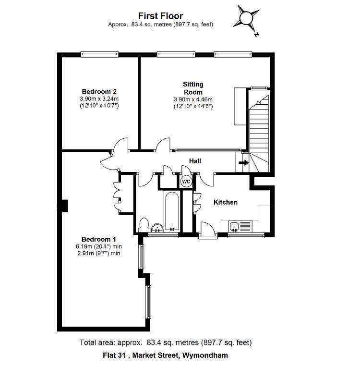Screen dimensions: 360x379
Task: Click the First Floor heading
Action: click(160, 16)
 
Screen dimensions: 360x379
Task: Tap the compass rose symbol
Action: click(246, 18)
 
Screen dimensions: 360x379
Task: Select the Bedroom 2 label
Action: click(99, 92)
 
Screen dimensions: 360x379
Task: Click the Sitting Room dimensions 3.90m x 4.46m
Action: click(193, 99)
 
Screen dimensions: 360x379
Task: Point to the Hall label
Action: click(195, 161)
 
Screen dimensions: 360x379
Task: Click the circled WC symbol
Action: click(186, 182)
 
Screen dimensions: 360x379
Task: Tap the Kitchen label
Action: click(226, 202)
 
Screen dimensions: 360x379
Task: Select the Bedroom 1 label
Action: click(99, 239)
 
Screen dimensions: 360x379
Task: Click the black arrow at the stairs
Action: click(243, 163)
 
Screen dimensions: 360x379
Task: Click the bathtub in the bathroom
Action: click(171, 211)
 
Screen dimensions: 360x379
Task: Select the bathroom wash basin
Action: click(157, 228)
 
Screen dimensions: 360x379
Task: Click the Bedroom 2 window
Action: click(99, 54)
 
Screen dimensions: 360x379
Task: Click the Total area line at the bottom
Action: click(166, 342)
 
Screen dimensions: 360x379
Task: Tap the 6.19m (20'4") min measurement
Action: click(99, 246)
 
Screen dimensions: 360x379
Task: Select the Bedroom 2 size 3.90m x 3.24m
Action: click(99, 98)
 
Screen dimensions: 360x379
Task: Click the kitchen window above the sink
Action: click(246, 235)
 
